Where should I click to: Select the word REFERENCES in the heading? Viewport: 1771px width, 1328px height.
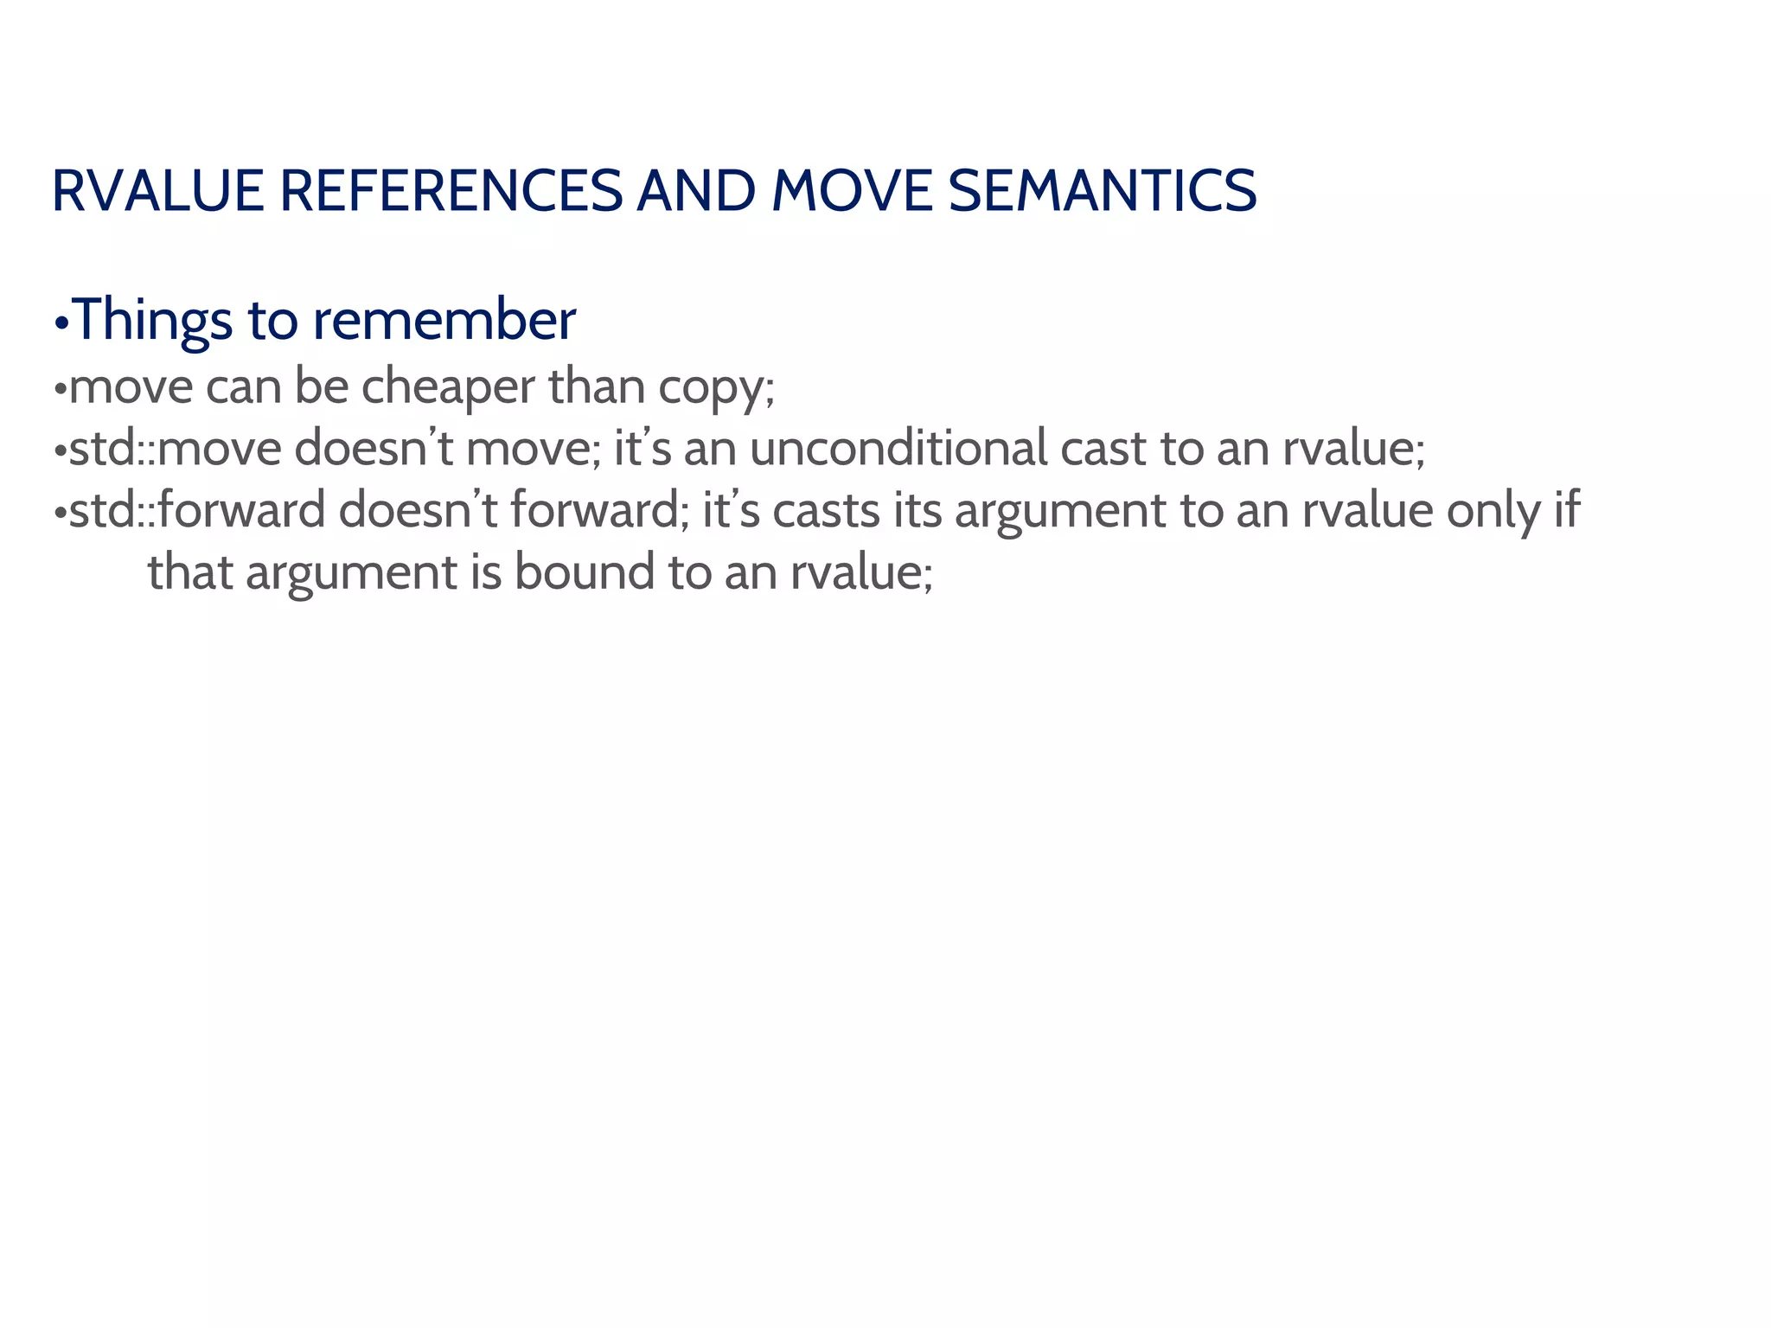pyautogui.click(x=451, y=191)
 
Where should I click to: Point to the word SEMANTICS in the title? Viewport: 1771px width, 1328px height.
pyautogui.click(x=1102, y=191)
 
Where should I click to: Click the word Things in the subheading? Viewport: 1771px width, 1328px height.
pyautogui.click(x=152, y=320)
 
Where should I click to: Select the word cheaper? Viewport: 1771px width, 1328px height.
pyautogui.click(x=448, y=386)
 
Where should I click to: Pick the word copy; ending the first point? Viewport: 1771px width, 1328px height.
pyautogui.click(x=716, y=386)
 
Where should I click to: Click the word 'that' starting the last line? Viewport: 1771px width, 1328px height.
pyautogui.click(x=189, y=572)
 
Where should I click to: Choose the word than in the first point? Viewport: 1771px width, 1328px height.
pyautogui.click(x=596, y=386)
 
